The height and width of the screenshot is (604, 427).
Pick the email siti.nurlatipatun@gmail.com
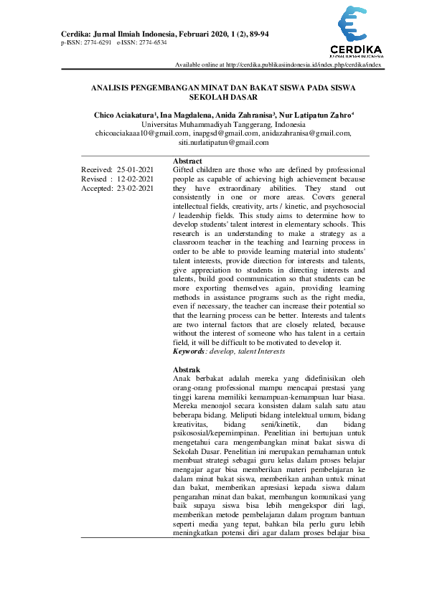(223, 142)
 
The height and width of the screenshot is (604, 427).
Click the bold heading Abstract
(187, 161)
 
